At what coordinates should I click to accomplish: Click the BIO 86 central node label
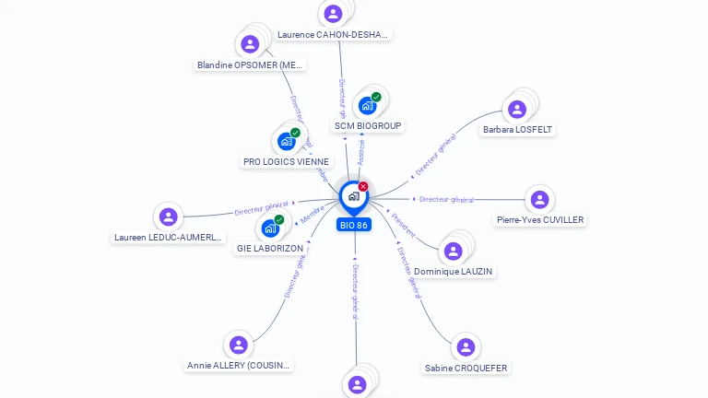click(x=354, y=225)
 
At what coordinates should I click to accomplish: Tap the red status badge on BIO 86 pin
click(x=363, y=187)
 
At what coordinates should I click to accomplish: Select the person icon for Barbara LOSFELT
click(x=517, y=109)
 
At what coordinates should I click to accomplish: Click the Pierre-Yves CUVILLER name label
click(x=540, y=219)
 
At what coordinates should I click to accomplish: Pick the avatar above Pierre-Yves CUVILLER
click(x=539, y=199)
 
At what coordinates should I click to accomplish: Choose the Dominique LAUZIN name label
click(x=453, y=272)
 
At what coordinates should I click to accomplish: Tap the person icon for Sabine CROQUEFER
click(x=466, y=347)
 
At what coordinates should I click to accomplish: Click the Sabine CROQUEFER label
click(x=466, y=368)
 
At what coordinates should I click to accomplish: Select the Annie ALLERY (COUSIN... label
click(x=239, y=365)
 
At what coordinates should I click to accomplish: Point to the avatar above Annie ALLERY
click(x=239, y=345)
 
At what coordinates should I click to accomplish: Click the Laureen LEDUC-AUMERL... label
click(x=168, y=237)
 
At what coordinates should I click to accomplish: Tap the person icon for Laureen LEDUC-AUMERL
click(x=168, y=217)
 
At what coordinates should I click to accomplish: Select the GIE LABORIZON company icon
click(x=270, y=228)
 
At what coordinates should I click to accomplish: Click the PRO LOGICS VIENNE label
click(x=286, y=161)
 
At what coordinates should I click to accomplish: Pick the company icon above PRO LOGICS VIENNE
click(x=286, y=141)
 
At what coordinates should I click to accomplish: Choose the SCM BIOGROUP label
click(x=368, y=125)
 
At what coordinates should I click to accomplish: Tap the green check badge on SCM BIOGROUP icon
click(x=376, y=97)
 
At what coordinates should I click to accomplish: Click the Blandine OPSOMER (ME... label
click(x=250, y=64)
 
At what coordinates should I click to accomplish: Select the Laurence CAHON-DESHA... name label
click(x=334, y=34)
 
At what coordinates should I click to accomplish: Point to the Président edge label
click(x=404, y=225)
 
